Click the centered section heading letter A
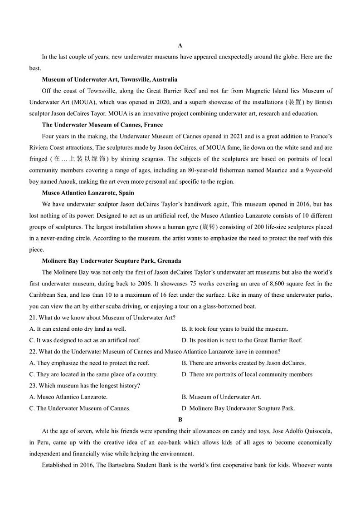tap(180, 45)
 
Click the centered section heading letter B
tap(180, 420)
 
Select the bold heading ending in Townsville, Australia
tap(109, 79)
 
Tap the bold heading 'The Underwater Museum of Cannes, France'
tap(102, 125)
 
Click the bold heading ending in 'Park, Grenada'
tap(111, 261)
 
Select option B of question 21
tap(234, 329)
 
